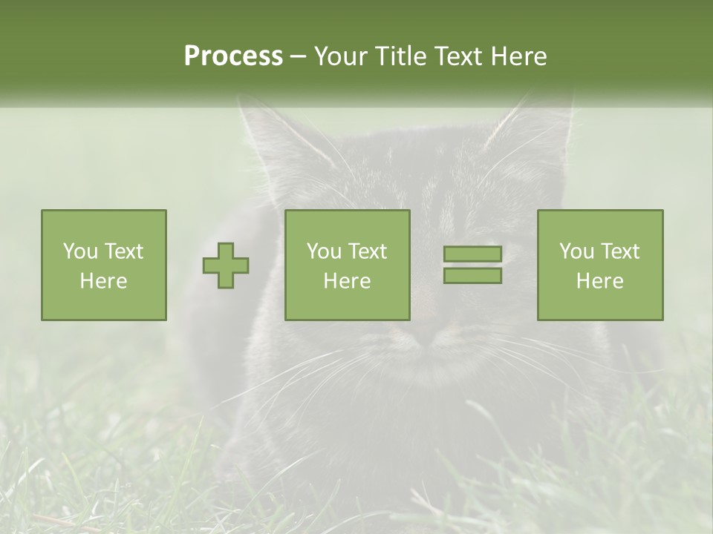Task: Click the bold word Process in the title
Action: point(233,56)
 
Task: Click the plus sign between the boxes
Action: point(226,266)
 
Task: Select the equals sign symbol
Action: point(472,265)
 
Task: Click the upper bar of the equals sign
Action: point(472,254)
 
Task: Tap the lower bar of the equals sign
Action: point(472,276)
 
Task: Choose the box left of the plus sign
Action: point(103,265)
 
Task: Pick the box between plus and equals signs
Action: point(347,265)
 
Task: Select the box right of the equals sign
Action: point(599,265)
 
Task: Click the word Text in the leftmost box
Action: point(123,251)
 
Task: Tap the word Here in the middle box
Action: point(347,281)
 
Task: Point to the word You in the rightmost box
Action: point(576,251)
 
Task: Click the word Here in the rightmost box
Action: point(599,281)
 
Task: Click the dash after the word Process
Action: point(298,56)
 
